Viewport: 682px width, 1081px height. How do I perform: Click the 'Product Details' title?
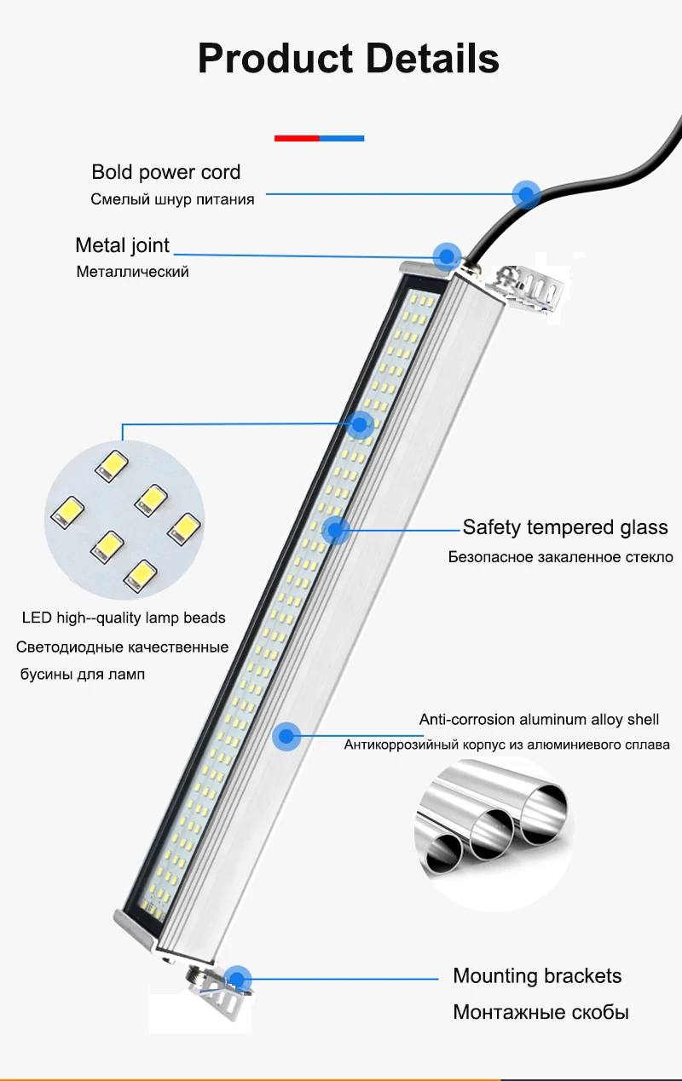(x=348, y=59)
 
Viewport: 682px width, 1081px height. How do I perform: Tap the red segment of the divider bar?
(x=297, y=139)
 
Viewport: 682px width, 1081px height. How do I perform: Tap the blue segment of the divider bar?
(x=342, y=139)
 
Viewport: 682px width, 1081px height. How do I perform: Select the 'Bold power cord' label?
(x=165, y=172)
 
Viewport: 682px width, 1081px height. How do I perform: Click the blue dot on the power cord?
(x=527, y=194)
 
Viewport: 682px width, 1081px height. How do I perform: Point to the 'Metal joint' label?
(x=122, y=245)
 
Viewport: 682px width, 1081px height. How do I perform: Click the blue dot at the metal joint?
(x=447, y=256)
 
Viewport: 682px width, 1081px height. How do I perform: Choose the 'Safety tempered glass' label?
(x=565, y=527)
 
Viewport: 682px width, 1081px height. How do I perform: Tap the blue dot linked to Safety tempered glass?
(x=336, y=530)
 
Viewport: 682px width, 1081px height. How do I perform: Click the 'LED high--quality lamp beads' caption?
(x=124, y=618)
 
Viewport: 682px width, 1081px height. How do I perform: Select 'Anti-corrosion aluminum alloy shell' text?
(x=539, y=720)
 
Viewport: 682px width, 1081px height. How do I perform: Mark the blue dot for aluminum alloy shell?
(x=286, y=736)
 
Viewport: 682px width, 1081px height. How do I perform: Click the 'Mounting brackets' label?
(x=537, y=975)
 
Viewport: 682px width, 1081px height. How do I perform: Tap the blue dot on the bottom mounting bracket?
(x=238, y=979)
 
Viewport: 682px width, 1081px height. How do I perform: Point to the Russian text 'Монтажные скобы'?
(x=541, y=1012)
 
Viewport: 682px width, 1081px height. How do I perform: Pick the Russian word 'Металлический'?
(x=132, y=272)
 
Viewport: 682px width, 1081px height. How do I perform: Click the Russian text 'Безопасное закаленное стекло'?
(x=560, y=557)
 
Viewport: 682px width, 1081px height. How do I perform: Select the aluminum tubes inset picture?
(x=494, y=833)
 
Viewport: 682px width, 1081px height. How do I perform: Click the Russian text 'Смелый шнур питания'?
(x=172, y=199)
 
